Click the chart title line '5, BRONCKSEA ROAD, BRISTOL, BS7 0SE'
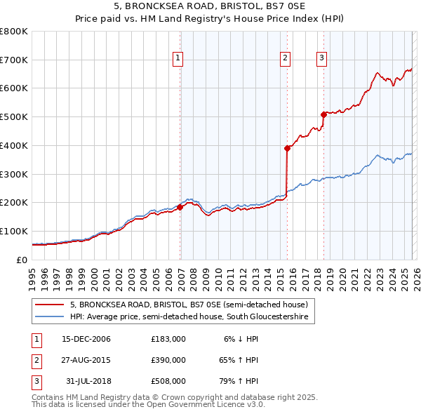click(x=210, y=8)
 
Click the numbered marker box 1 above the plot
click(x=178, y=58)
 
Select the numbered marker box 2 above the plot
click(x=286, y=58)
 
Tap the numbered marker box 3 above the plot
click(x=321, y=58)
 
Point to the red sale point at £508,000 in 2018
click(x=323, y=114)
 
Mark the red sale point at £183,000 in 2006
click(x=180, y=207)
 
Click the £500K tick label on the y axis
click(x=13, y=117)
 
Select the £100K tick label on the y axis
click(x=13, y=231)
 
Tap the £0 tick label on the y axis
click(x=20, y=260)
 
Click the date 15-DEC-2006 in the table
click(x=86, y=339)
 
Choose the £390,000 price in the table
click(x=168, y=360)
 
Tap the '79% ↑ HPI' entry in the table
click(x=241, y=381)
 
